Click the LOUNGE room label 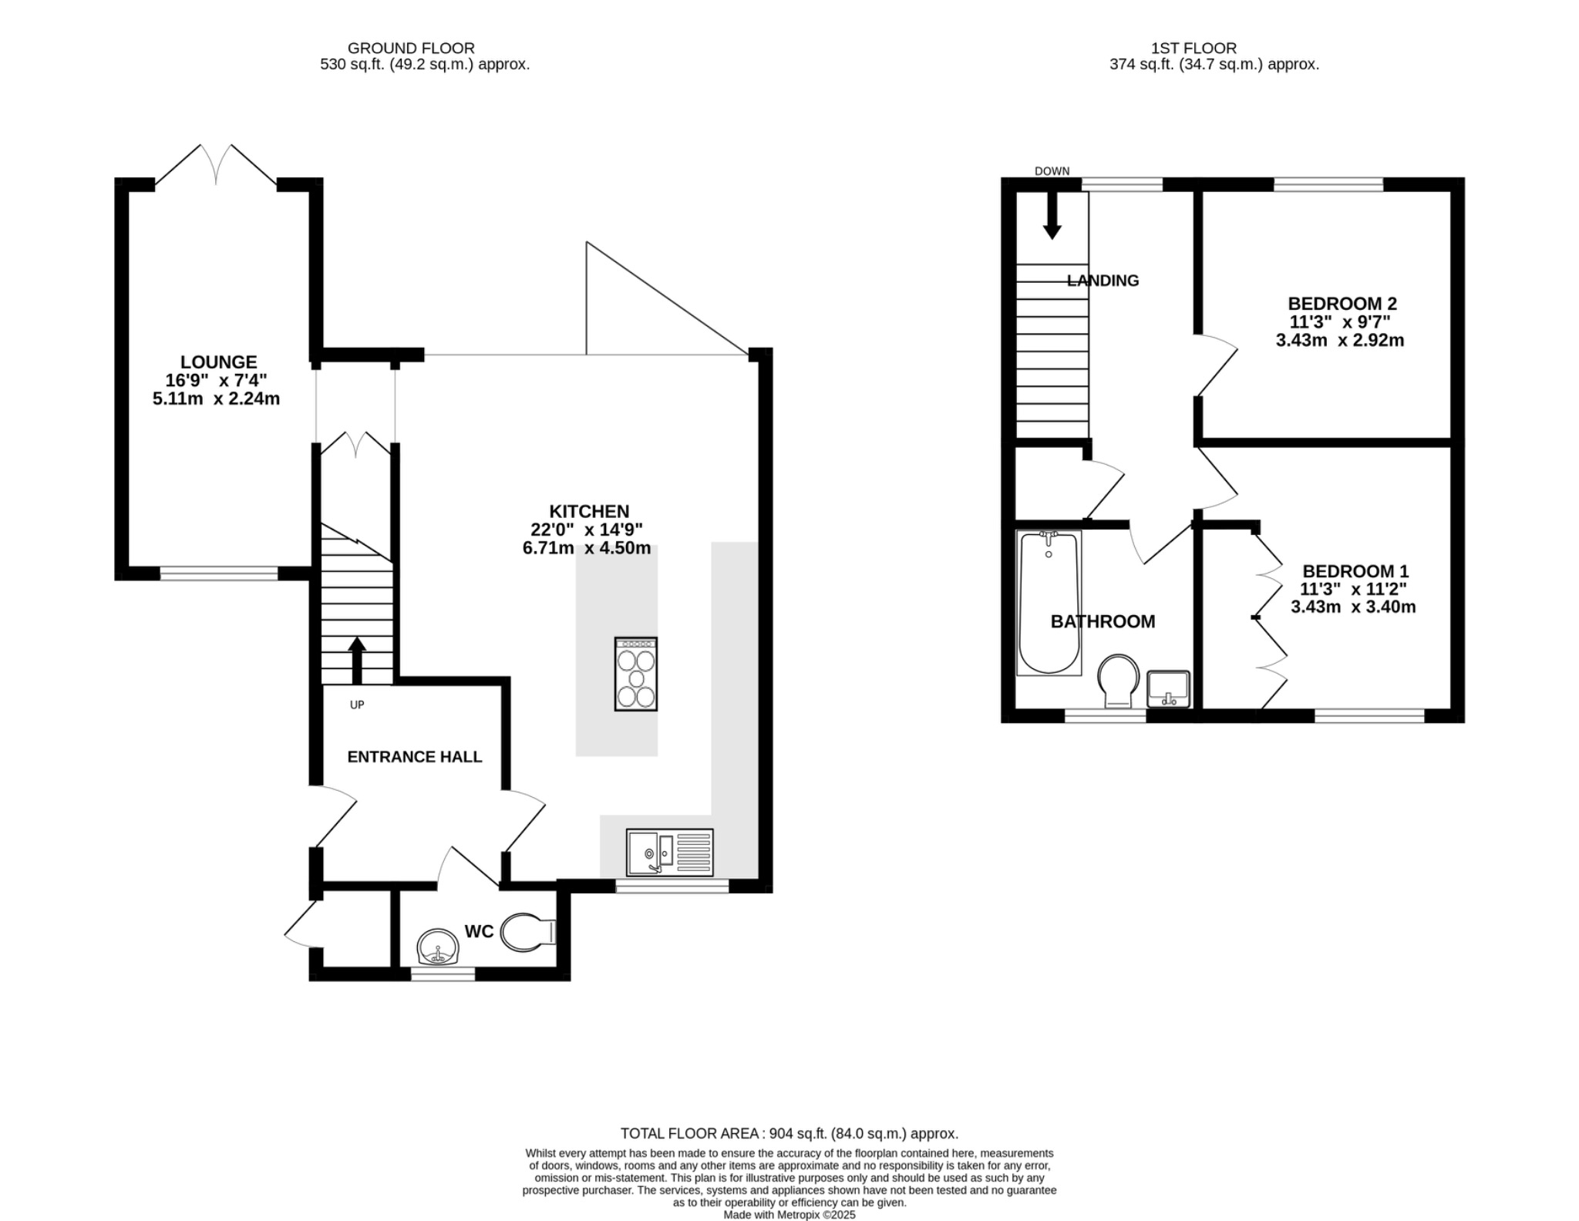coord(218,362)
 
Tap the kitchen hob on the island coord(636,674)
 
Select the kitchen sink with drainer coord(669,852)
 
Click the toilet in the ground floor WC coord(527,933)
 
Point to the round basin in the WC coord(438,947)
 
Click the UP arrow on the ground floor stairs coord(356,660)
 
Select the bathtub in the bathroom coord(1049,603)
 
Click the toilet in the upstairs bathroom coord(1118,681)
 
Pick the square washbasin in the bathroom coord(1169,688)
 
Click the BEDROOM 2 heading coord(1342,303)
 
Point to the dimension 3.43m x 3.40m coord(1353,607)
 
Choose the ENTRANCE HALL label coord(414,757)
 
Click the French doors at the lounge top coord(216,165)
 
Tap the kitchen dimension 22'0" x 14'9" coord(587,530)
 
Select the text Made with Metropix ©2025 coord(789,1214)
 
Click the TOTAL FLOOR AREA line coord(789,1133)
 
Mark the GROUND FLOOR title coord(411,49)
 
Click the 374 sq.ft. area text coord(1214,65)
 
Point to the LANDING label coord(1103,281)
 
